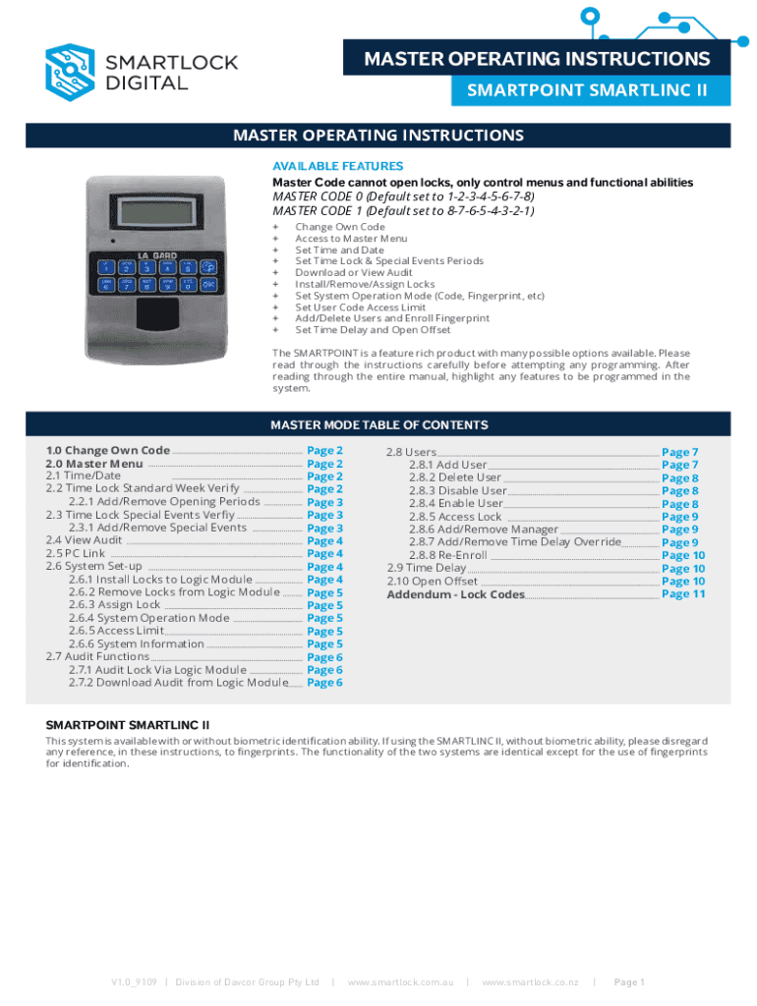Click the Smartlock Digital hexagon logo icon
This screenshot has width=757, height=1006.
(70, 73)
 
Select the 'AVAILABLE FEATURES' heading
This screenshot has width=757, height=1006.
(338, 166)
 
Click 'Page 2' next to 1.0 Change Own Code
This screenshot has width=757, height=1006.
(324, 450)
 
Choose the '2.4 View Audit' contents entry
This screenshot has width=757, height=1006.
(84, 540)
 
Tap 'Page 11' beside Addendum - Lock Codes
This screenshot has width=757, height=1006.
(683, 594)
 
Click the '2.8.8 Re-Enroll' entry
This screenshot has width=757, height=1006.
(448, 555)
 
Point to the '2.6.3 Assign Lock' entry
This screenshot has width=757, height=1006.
(114, 604)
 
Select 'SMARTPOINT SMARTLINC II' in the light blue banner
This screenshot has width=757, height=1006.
(587, 90)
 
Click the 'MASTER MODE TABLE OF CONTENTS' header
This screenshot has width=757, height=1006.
(378, 424)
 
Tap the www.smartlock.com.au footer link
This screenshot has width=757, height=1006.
(401, 982)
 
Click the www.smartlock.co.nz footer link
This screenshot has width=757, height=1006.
(530, 982)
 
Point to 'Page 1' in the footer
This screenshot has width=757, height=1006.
(629, 982)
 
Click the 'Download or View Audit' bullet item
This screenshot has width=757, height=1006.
(354, 273)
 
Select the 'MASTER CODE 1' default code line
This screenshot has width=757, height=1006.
(403, 211)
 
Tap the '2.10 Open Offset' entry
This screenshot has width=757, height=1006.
(433, 582)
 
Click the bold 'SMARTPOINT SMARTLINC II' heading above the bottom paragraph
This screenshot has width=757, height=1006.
(128, 725)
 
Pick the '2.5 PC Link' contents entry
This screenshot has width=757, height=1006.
(75, 553)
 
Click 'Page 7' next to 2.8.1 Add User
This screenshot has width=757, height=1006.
(680, 465)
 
